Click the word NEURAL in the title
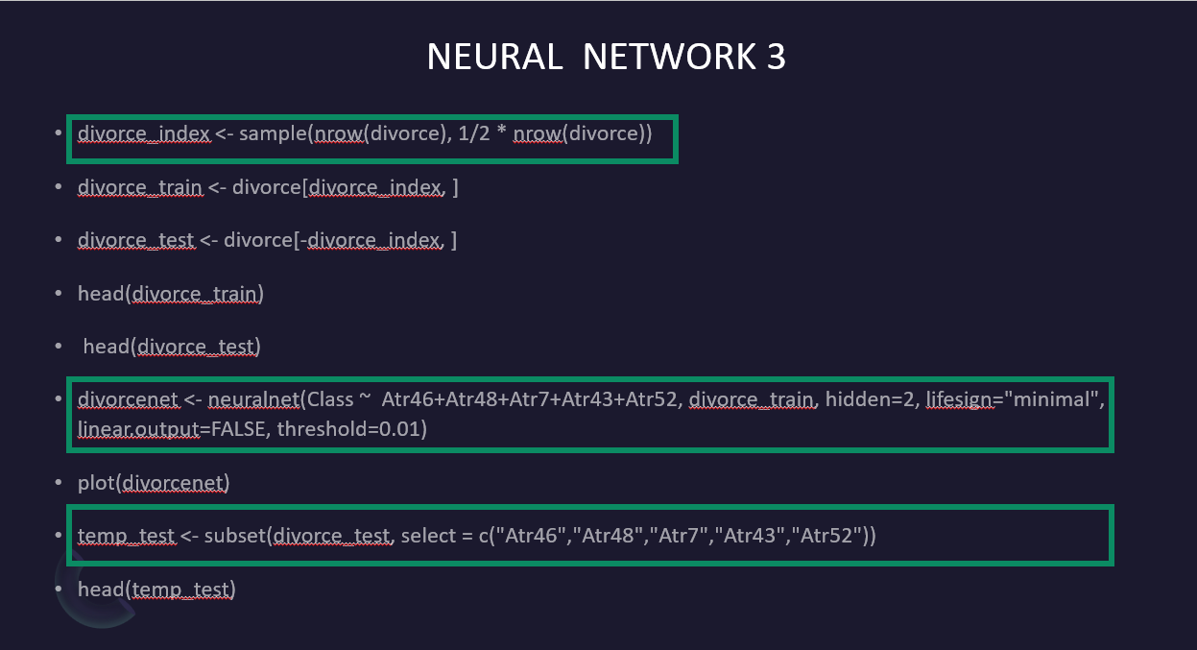[494, 58]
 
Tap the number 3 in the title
[777, 58]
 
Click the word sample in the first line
[273, 133]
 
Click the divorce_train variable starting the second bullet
[140, 186]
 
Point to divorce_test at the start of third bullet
[136, 239]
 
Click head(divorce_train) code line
[171, 293]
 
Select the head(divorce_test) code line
[172, 346]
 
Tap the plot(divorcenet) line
[154, 482]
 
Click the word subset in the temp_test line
[231, 535]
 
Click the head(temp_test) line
[156, 589]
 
